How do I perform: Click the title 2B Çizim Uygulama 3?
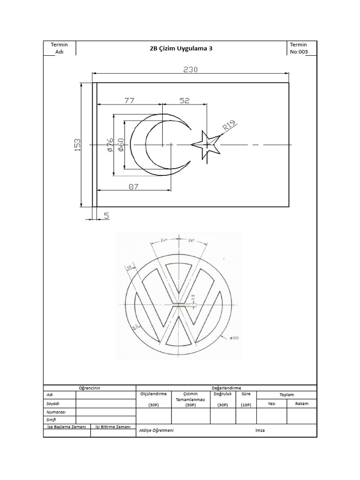tap(181, 48)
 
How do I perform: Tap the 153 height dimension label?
tap(77, 144)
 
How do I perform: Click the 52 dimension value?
tap(185, 100)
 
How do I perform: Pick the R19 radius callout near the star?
tap(229, 126)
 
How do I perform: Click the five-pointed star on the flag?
tap(205, 144)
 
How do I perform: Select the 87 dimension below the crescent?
tap(134, 186)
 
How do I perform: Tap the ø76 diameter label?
tap(109, 145)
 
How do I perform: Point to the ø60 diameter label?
tap(120, 145)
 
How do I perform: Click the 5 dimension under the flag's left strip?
tap(106, 216)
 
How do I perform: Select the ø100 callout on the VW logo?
tap(234, 337)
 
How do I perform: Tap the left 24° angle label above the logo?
tap(164, 240)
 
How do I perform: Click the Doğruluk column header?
tap(223, 394)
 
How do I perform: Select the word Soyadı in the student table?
tap(53, 403)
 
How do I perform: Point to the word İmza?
tap(260, 430)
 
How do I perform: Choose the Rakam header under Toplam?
tap(301, 403)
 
